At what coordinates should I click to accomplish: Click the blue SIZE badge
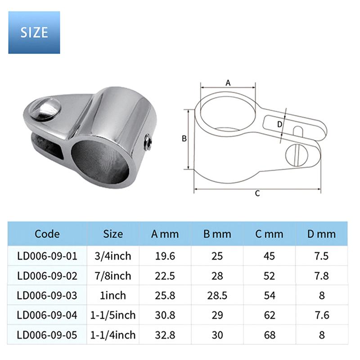point(34,32)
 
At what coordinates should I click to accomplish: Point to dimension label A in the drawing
point(228,82)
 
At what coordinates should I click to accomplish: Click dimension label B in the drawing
point(184,139)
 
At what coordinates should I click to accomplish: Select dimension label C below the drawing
point(257,193)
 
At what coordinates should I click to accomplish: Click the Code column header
point(47,234)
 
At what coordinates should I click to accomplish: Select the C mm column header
point(269,234)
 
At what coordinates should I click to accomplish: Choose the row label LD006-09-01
point(47,256)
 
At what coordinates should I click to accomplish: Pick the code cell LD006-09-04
point(47,315)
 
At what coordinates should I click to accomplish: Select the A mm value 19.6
point(165,256)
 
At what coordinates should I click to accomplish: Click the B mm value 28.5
point(217,296)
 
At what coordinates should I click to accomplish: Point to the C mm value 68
point(269,335)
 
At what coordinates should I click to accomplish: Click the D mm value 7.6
point(321,315)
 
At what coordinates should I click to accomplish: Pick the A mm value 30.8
point(165,315)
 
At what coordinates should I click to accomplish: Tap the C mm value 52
point(269,276)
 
